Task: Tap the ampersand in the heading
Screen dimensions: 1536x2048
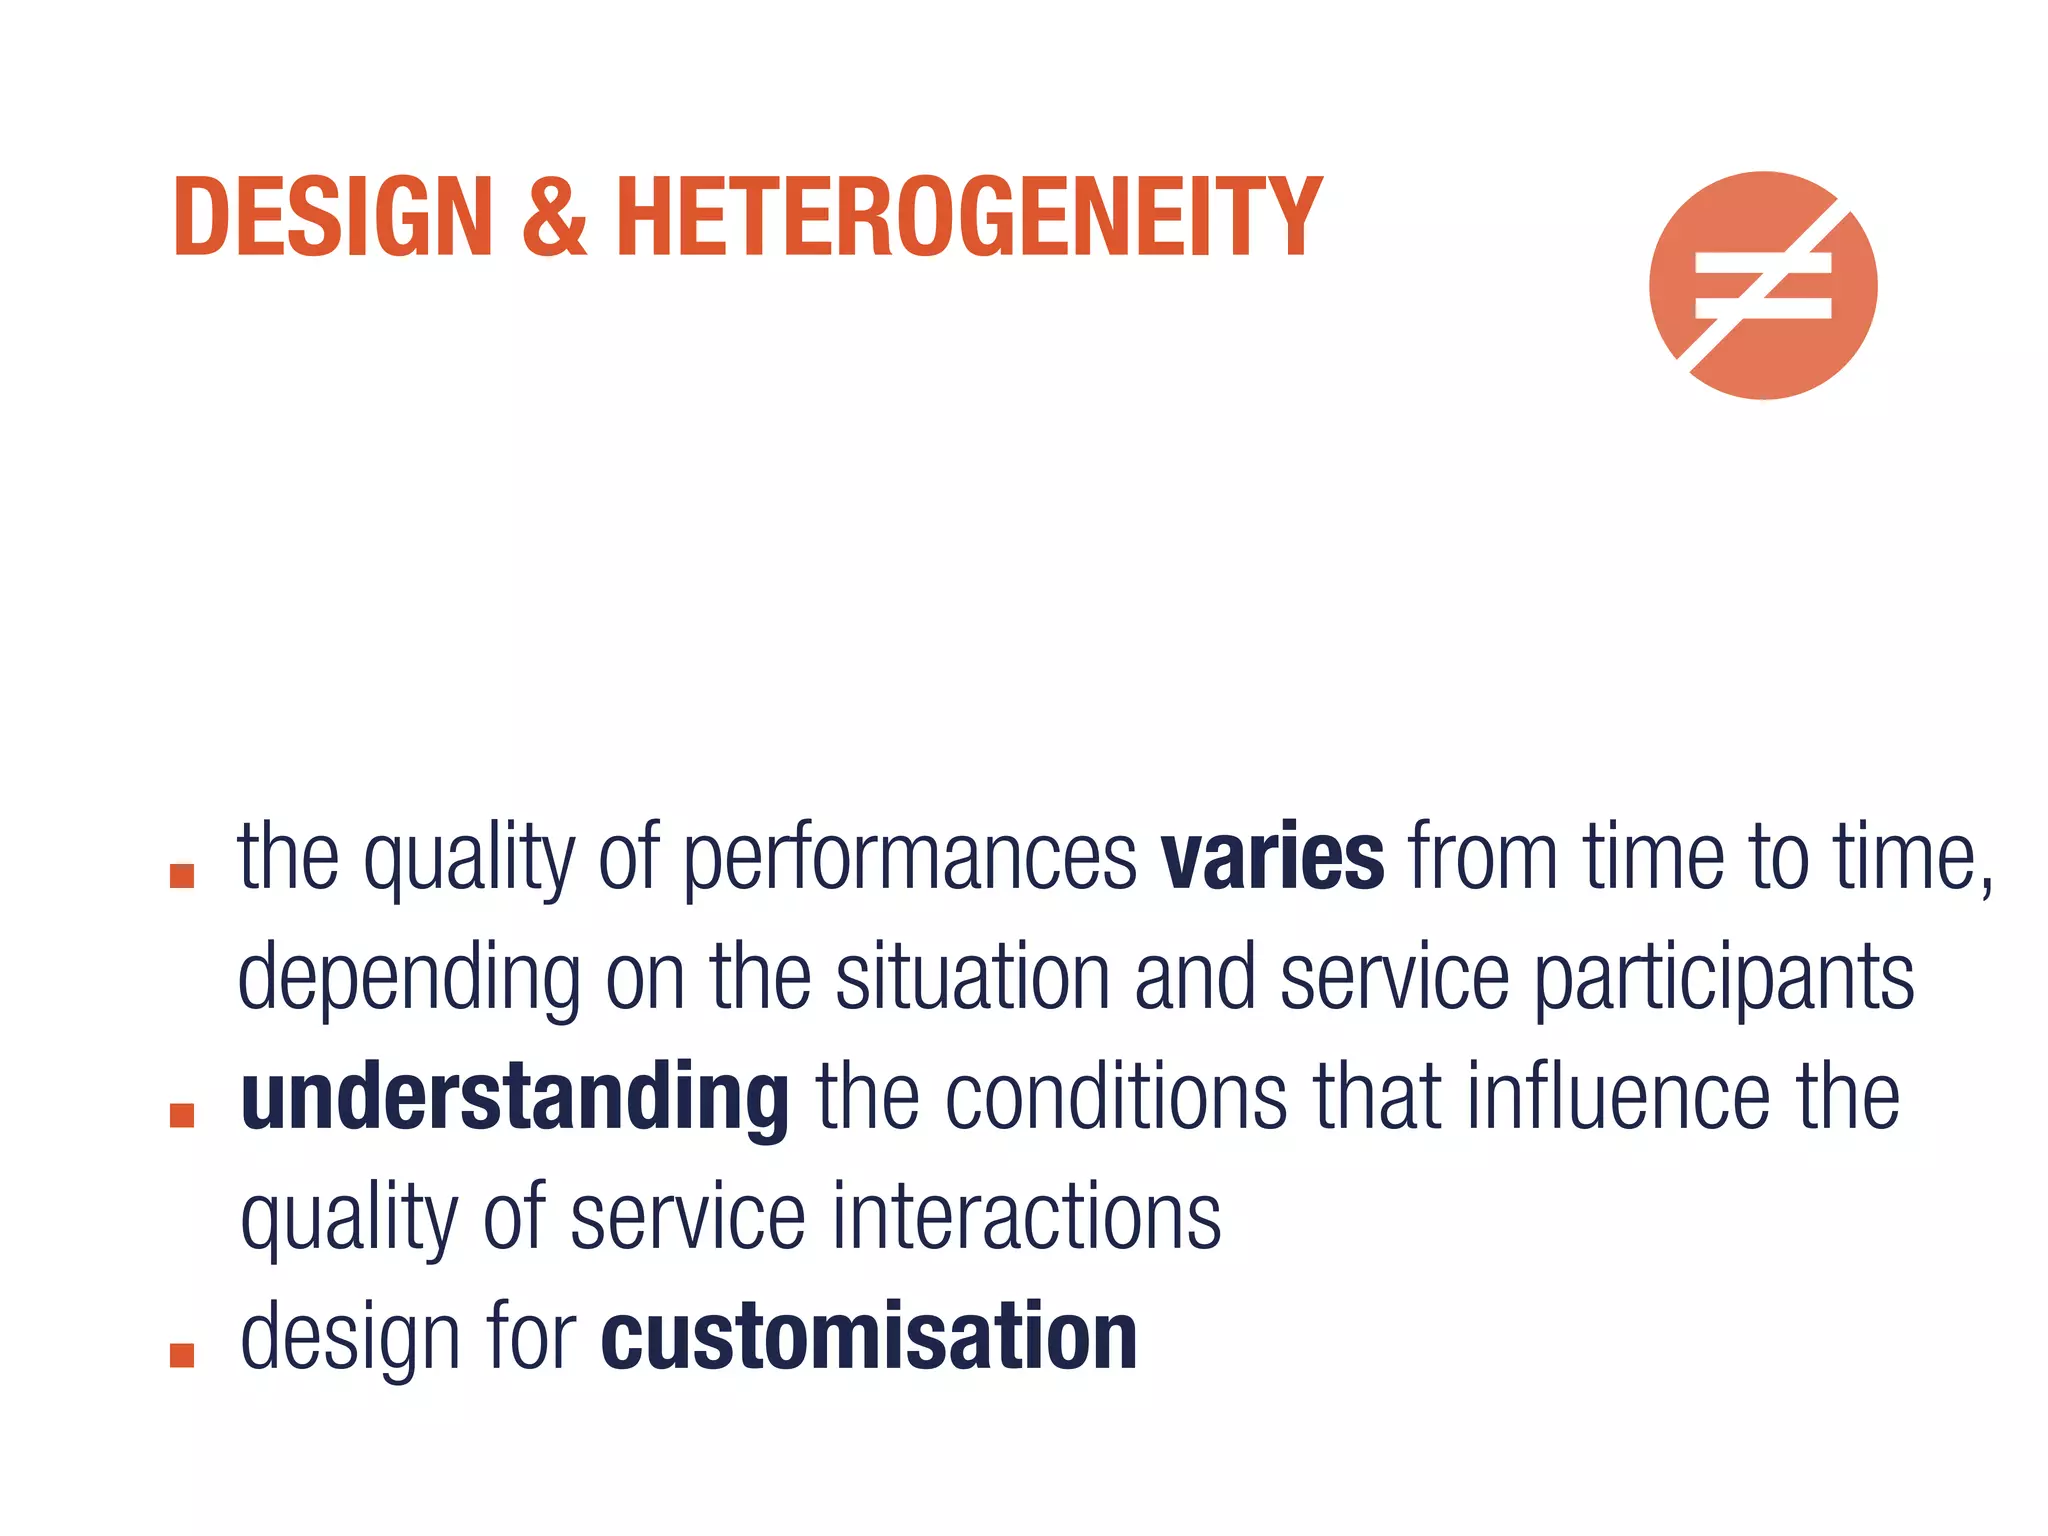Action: tap(553, 217)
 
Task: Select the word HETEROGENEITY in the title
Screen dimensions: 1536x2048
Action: tap(968, 217)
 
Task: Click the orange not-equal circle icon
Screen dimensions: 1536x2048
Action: tap(1763, 286)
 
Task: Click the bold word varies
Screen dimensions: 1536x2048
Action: tap(1272, 857)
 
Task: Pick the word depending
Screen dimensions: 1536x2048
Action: tap(409, 979)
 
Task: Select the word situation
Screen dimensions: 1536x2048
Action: tap(972, 977)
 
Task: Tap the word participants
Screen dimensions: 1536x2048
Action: tap(1724, 979)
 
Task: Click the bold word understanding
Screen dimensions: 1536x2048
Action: tap(515, 1099)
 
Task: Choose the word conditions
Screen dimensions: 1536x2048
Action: tap(1116, 1097)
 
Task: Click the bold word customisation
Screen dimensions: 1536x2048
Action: tap(869, 1337)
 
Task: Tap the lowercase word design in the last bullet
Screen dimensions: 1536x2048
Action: tap(350, 1339)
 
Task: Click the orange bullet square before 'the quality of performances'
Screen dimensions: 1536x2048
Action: tap(182, 876)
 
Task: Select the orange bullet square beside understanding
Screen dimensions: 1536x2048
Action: tap(182, 1115)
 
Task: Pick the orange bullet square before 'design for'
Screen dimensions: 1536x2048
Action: tap(182, 1355)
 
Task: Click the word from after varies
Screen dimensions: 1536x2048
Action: tap(1483, 857)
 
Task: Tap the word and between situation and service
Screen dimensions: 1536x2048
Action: tap(1194, 977)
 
